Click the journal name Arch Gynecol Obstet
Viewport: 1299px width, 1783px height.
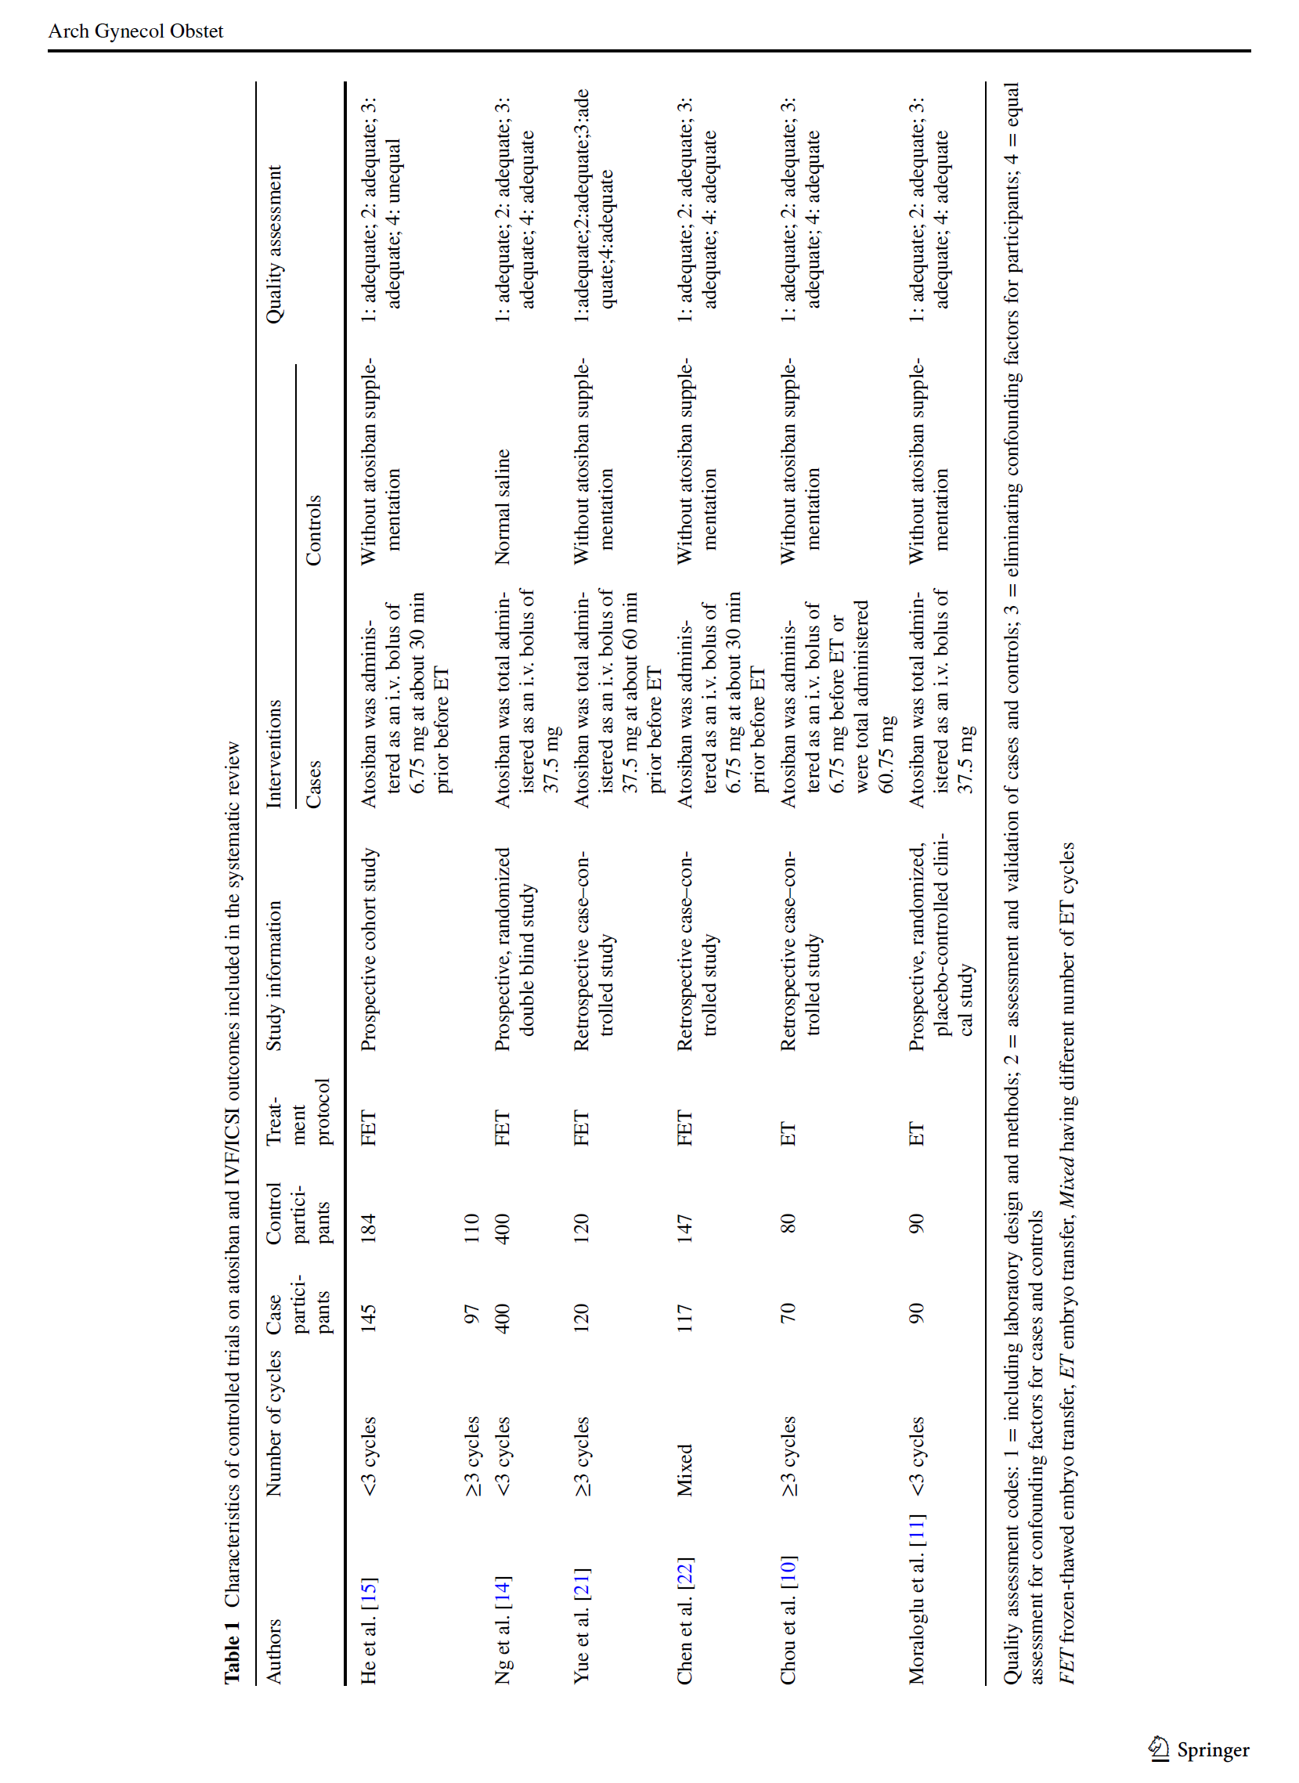tap(135, 31)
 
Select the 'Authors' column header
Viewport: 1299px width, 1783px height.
tap(273, 1650)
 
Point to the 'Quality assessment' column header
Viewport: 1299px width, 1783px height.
tap(273, 244)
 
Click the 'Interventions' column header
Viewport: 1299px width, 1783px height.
tap(273, 754)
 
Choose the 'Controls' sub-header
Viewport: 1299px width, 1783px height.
tap(314, 530)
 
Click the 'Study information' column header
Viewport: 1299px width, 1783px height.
tap(273, 976)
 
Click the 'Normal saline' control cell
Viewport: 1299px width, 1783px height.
tap(503, 507)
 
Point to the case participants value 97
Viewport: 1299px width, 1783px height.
tap(471, 1315)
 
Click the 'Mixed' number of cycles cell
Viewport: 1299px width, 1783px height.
tap(684, 1469)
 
